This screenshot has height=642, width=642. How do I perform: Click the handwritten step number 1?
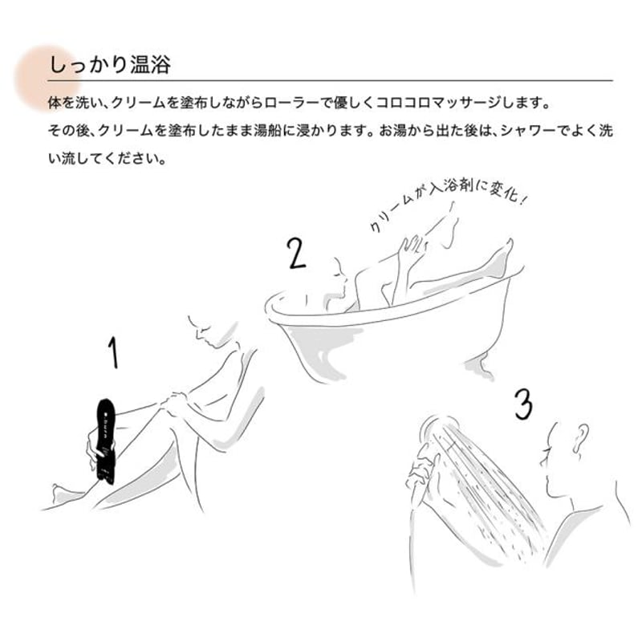click(114, 353)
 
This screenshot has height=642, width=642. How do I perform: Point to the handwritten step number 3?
click(522, 404)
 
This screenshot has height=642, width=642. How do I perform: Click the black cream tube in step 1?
click(106, 440)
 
